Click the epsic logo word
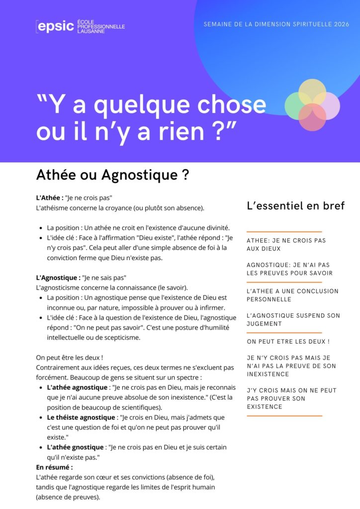56,26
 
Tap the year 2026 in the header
341,24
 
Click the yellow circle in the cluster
312,90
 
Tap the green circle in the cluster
297,106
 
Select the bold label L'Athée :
49,198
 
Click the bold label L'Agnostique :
58,277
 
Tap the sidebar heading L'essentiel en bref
295,206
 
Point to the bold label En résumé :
54,467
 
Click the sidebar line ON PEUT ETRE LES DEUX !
288,341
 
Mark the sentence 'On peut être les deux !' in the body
70,358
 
